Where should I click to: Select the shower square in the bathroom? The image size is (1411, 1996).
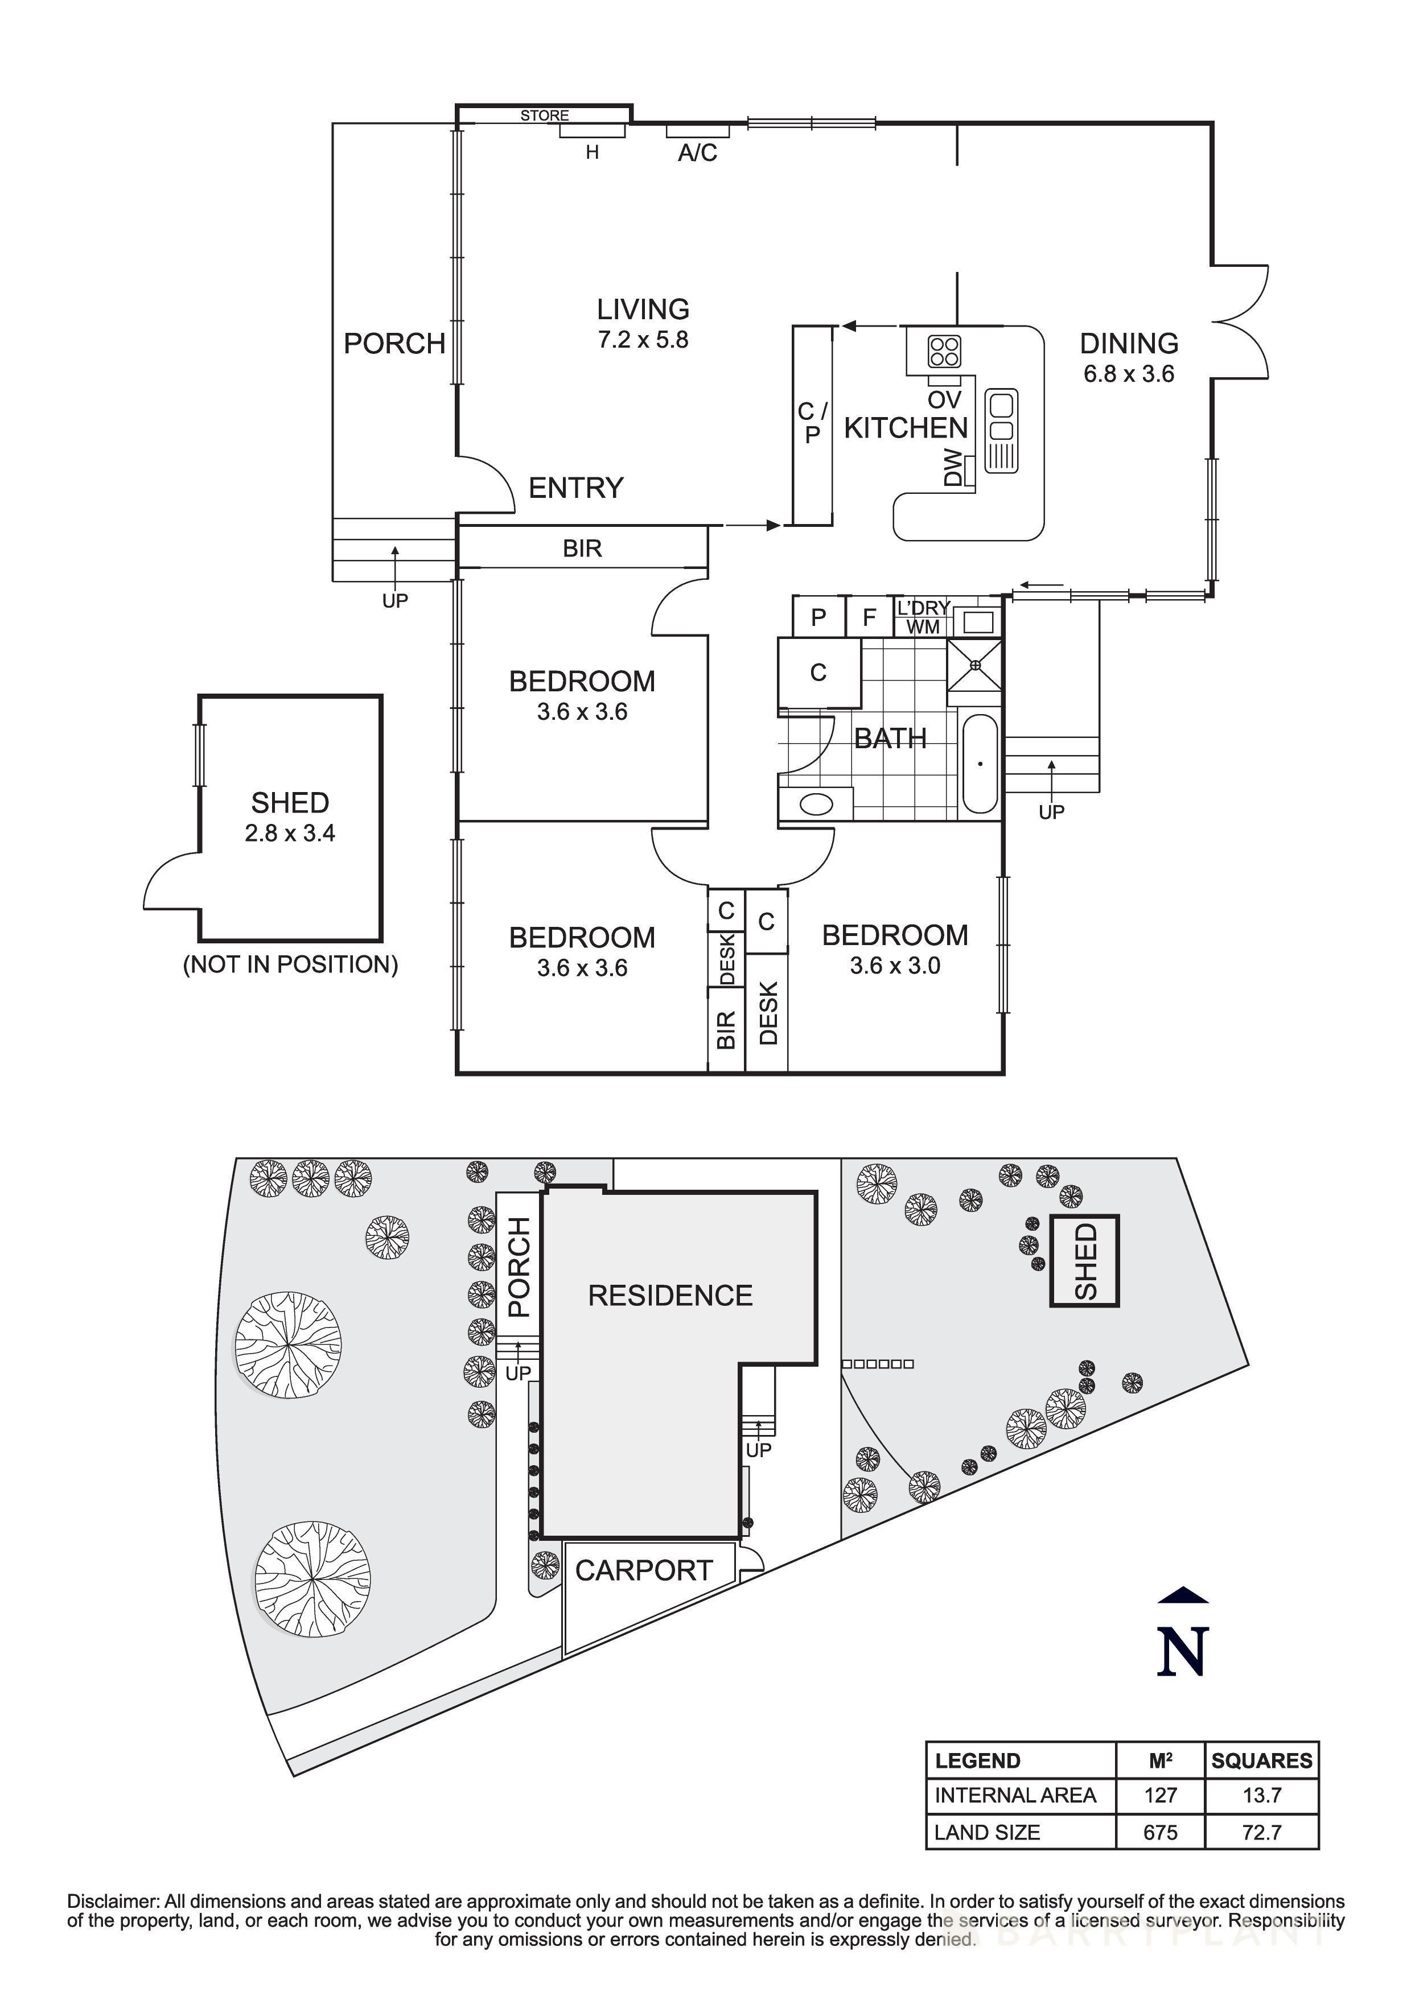pos(974,665)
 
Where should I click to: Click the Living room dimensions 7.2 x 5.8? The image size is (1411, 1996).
pos(643,340)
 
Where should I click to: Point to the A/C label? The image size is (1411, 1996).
pos(697,154)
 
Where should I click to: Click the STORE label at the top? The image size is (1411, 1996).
pos(544,115)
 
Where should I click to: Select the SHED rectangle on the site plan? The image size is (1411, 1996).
pos(1084,1260)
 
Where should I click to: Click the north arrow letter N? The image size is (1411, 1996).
pos(1182,1651)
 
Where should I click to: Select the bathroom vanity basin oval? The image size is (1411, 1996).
pos(816,804)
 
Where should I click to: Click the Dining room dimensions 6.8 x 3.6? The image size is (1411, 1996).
pos(1129,374)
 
